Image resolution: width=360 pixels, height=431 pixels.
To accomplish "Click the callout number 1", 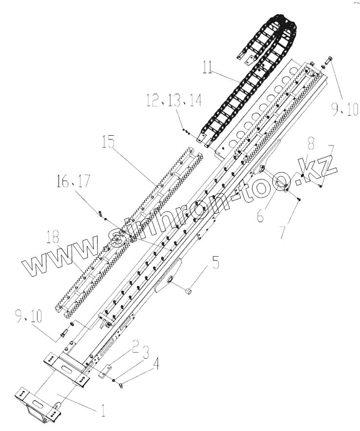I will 103,410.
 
